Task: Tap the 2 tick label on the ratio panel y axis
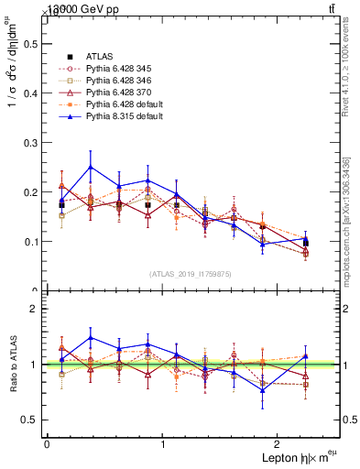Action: (34, 309)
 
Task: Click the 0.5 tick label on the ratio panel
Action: (30, 420)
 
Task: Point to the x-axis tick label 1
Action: (163, 444)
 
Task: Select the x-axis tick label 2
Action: (279, 444)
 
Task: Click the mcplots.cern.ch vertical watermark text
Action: (346, 220)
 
